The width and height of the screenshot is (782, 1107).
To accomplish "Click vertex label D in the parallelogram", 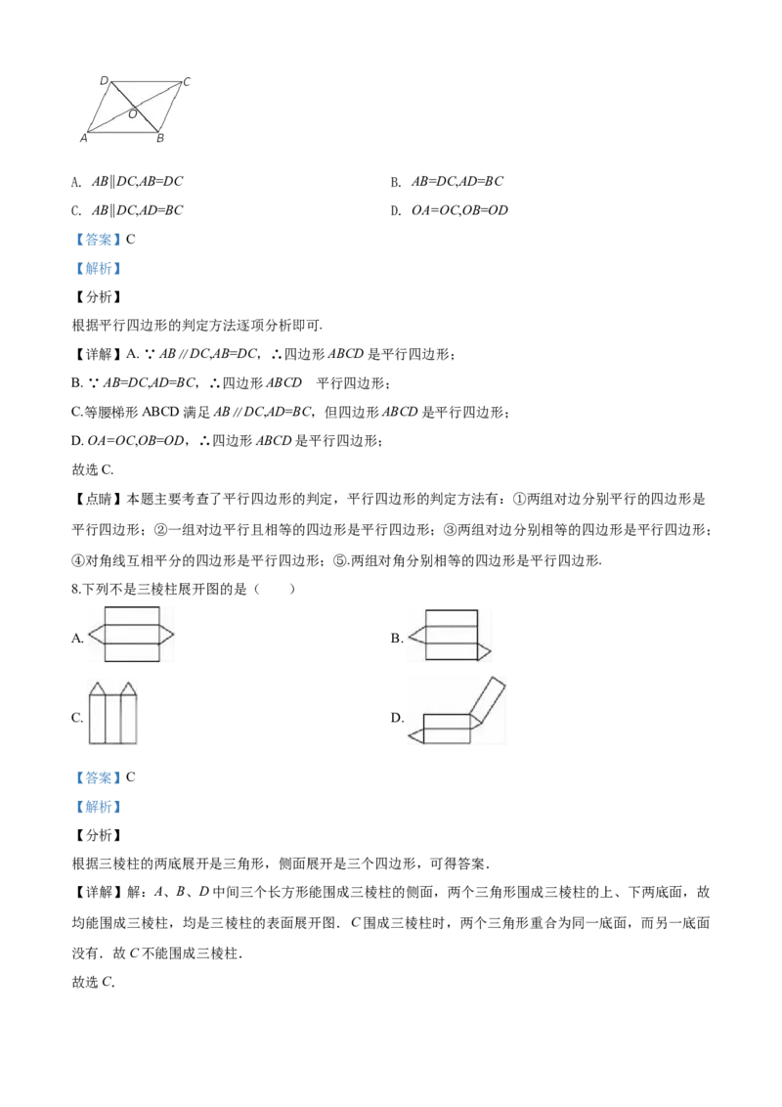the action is coord(104,80).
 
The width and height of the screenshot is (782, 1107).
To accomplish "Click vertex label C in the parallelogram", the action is coord(187,82).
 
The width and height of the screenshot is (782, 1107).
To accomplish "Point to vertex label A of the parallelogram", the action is coord(83,139).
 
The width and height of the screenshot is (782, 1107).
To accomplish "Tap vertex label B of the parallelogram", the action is coord(160,139).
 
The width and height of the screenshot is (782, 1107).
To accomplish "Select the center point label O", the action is coord(132,113).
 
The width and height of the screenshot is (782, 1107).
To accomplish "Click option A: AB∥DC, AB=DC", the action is coord(127,182).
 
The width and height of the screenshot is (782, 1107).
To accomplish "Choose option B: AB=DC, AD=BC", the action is coord(447,182).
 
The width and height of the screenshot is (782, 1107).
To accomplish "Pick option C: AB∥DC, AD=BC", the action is coord(127,210).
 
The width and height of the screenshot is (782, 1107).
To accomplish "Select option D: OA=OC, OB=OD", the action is coord(450,210).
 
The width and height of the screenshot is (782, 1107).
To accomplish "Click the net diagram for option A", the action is coord(131,635).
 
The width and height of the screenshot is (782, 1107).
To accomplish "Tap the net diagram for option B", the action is coord(449,635).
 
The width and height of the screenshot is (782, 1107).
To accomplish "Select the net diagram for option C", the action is coord(113,712).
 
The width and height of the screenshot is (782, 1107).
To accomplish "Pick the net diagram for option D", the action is coord(457,711).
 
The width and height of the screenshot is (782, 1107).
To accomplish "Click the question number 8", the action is coord(76,590).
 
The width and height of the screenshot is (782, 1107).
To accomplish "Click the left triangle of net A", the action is coord(98,635).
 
